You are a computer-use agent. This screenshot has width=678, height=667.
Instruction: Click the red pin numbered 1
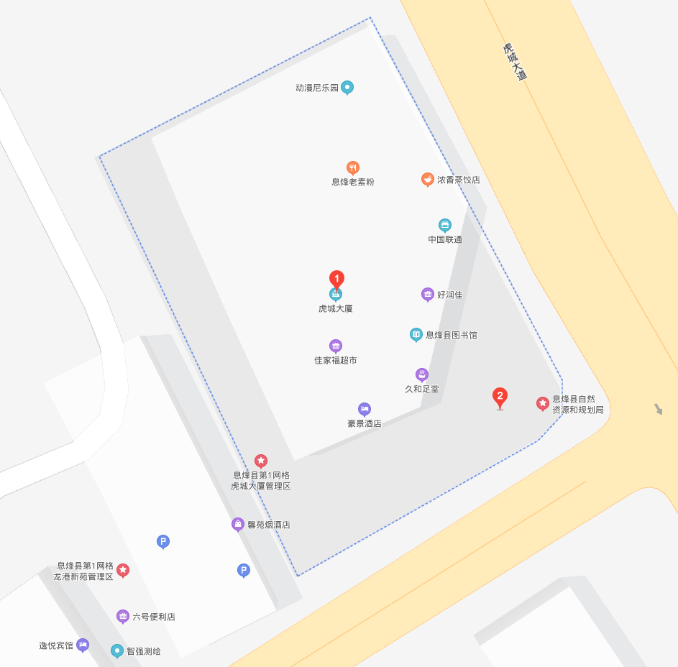tap(336, 279)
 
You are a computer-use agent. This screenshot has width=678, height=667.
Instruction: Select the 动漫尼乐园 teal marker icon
tap(347, 88)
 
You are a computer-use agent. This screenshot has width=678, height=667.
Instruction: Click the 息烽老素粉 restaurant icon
tap(352, 168)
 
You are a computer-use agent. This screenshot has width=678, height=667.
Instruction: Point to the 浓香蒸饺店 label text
tap(458, 180)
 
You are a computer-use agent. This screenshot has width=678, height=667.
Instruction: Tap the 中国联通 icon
tap(445, 225)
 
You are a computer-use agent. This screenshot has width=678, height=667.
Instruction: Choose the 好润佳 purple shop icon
tap(428, 294)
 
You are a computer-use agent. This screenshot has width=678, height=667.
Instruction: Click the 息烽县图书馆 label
tap(451, 335)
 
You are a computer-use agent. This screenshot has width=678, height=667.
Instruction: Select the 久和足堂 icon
tap(422, 374)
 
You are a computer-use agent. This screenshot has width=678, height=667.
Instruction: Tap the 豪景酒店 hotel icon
tap(365, 409)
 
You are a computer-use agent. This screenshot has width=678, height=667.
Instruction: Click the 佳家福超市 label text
tap(335, 360)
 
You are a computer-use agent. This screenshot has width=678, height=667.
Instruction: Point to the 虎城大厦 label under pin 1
tap(335, 308)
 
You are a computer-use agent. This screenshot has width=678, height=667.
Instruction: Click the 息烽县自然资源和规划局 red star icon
tap(543, 403)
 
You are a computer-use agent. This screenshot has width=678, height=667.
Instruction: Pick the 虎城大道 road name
tap(515, 62)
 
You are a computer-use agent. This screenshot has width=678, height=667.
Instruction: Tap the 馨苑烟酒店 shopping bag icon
tap(238, 524)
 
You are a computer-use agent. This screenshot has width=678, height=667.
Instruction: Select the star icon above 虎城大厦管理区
tap(261, 461)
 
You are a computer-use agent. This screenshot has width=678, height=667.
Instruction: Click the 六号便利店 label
tap(154, 617)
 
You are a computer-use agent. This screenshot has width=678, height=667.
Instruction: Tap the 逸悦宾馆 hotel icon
tap(83, 645)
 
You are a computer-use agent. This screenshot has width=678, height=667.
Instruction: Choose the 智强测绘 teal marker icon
tap(117, 650)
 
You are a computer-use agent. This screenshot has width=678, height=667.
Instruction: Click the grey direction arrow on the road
tap(658, 409)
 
